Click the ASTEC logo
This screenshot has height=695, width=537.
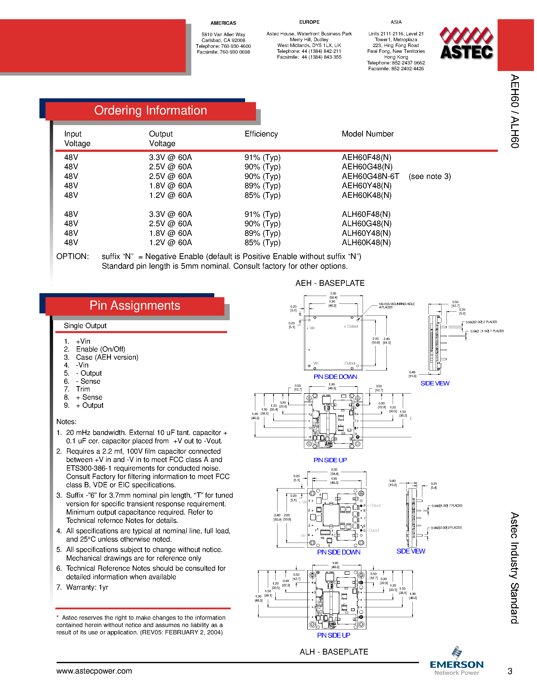466,44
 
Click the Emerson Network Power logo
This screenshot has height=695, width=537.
457,662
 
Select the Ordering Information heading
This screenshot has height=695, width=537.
150,110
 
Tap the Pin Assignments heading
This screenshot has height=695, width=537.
135,306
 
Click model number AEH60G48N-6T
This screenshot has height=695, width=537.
370,176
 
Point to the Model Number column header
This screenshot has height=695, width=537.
367,134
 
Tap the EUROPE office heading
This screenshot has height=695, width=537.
309,22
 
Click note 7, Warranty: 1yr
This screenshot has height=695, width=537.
87,587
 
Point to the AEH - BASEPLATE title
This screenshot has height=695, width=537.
330,283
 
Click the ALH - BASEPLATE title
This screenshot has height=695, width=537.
334,652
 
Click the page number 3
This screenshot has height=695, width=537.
510,671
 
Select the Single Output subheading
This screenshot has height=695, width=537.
85,326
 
